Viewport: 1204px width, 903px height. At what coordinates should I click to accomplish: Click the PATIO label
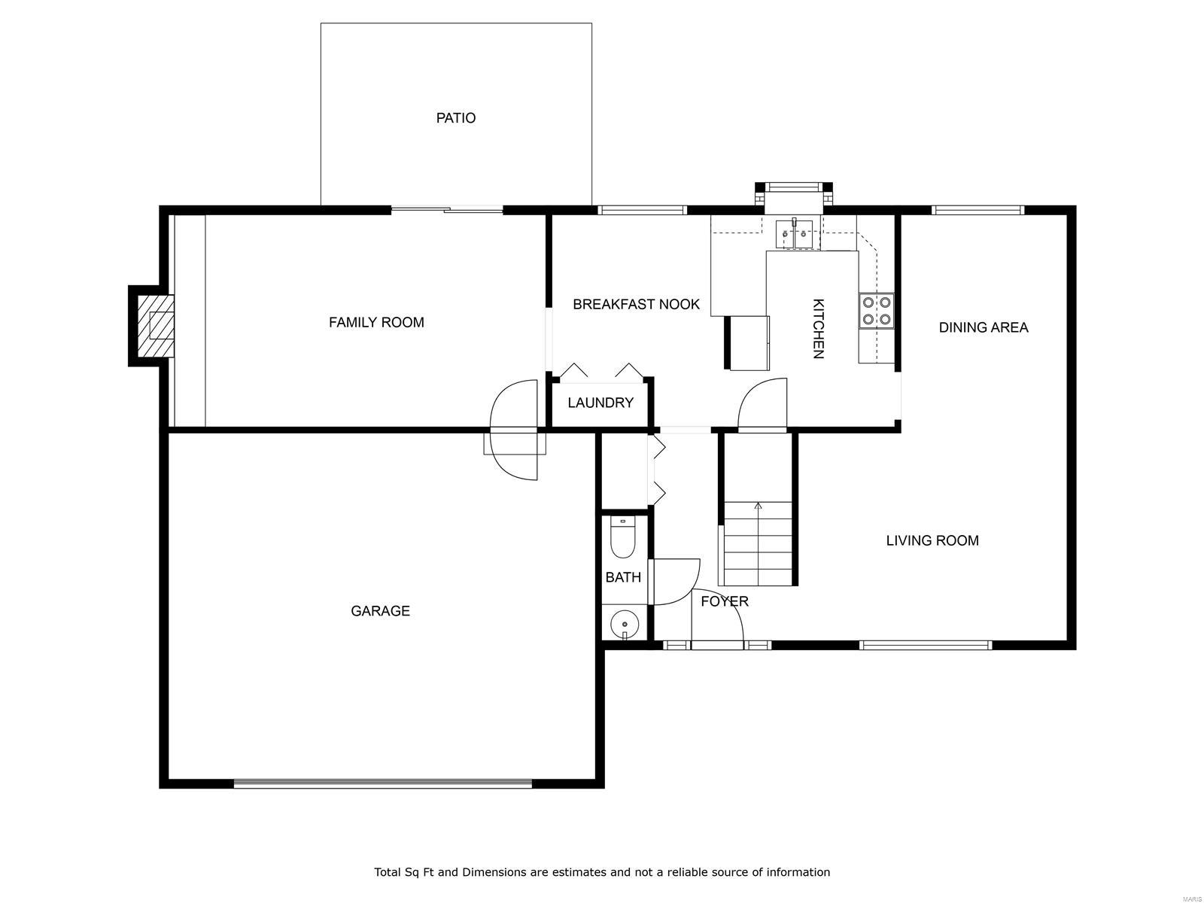455,118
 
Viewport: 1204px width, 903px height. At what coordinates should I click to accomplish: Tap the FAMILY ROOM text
376,323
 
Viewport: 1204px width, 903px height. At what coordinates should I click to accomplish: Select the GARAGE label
380,611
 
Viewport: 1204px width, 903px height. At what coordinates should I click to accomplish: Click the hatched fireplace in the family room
156,326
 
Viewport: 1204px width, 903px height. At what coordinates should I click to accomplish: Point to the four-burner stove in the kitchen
877,311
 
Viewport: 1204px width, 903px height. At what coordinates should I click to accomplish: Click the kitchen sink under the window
795,233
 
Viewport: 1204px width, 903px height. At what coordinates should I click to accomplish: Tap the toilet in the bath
622,538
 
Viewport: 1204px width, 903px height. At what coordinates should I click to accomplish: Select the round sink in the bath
624,623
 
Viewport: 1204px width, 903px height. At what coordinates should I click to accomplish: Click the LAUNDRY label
600,403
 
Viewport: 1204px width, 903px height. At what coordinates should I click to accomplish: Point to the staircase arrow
758,506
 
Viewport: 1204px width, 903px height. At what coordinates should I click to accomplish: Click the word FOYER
725,601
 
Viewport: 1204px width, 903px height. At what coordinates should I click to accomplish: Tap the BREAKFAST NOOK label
636,305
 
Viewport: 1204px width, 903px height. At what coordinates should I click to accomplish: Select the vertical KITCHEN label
818,329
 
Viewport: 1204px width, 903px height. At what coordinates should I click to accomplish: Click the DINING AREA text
983,327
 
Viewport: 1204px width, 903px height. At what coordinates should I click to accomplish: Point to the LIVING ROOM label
932,540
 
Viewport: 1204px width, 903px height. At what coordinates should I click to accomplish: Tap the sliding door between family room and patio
447,210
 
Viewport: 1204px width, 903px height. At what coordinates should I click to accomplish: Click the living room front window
926,645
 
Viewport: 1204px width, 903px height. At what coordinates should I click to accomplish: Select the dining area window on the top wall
977,210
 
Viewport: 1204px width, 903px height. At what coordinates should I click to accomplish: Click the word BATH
623,577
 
